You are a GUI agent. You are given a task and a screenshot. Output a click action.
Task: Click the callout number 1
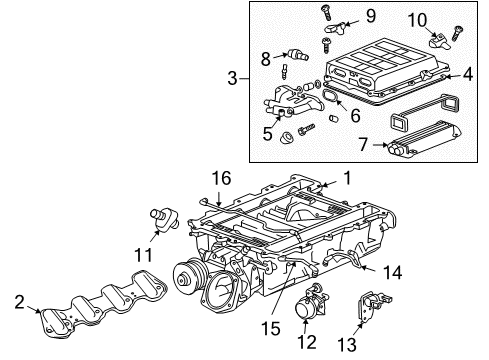coord(348,177)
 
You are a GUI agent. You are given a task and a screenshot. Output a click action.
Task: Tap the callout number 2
coord(18,301)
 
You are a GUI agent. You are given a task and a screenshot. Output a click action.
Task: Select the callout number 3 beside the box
coord(232,78)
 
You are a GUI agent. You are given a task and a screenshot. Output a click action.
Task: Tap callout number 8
coord(267,58)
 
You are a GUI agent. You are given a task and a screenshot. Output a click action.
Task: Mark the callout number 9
coord(341,15)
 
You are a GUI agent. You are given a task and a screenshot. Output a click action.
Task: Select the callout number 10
coord(416,19)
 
